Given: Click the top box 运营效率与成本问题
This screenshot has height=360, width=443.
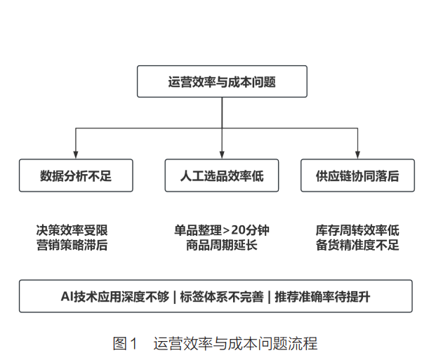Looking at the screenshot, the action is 222,81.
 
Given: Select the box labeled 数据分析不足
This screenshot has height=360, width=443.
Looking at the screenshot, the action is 76,175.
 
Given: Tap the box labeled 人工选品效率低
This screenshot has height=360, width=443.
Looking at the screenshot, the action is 222,175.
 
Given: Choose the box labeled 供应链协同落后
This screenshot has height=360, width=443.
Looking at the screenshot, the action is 357,175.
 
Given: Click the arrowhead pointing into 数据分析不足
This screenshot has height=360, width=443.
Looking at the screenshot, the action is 75,154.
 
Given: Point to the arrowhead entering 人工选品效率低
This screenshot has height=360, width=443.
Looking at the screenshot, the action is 222,154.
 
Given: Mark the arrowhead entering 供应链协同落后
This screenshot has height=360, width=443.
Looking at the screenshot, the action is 357,154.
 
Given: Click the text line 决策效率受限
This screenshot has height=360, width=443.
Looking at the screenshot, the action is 72,230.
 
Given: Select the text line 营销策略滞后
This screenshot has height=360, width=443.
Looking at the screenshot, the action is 72,245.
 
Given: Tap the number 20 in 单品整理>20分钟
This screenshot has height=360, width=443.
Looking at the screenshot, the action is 239,230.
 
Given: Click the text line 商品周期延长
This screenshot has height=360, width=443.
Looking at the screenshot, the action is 222,245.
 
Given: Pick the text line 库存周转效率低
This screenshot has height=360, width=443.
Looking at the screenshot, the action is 357,230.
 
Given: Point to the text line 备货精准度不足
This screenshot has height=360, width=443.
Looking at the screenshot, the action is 357,245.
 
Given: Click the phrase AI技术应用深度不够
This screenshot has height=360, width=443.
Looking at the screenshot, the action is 115,297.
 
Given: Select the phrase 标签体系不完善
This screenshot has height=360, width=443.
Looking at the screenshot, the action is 222,297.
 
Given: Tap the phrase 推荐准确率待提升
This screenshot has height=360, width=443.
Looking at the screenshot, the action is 322,297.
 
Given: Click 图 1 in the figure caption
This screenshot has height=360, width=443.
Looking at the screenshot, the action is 125,343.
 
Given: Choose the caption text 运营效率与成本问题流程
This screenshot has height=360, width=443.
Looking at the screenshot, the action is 235,343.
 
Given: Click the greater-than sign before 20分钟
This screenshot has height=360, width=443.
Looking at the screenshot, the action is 226,231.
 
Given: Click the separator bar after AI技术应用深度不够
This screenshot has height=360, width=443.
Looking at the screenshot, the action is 175,297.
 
